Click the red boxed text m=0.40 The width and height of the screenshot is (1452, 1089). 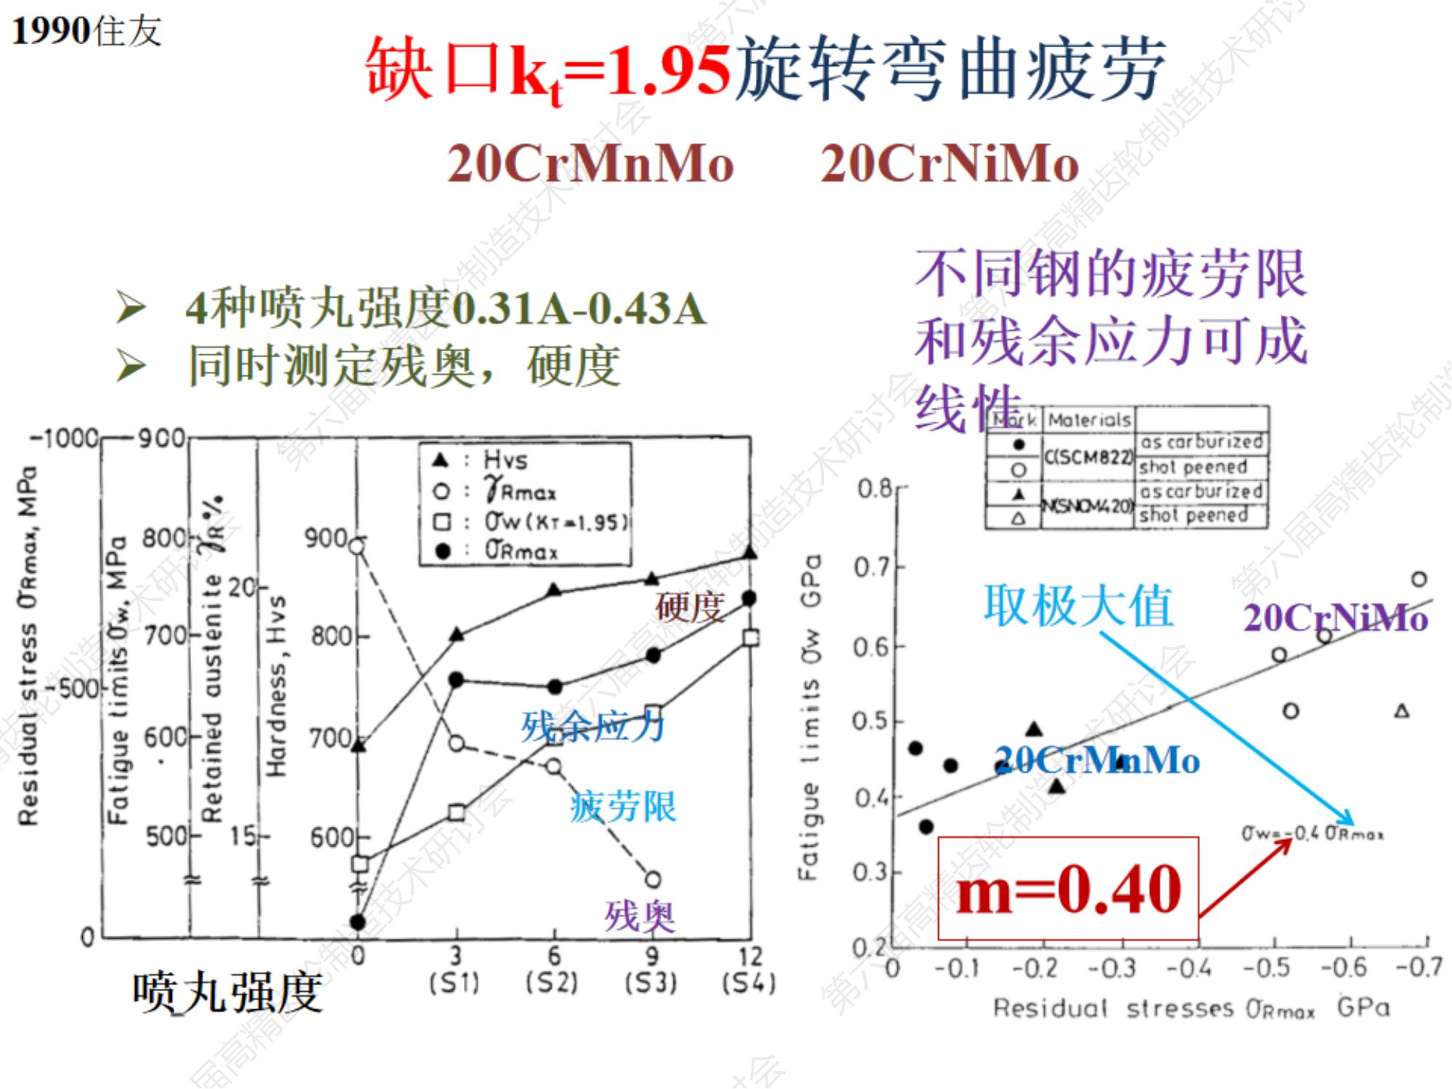click(1068, 889)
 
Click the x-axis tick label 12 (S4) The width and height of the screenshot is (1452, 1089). click(750, 969)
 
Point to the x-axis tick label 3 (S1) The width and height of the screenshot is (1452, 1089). click(455, 969)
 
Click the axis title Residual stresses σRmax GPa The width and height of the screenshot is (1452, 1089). click(1191, 1008)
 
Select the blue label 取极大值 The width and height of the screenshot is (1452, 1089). click(1078, 606)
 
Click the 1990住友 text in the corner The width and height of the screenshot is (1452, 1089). click(86, 31)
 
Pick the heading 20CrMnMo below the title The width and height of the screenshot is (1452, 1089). click(590, 163)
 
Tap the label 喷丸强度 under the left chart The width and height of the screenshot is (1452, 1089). click(227, 993)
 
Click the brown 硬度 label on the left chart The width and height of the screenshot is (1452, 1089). click(690, 607)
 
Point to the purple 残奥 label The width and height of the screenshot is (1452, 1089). click(640, 915)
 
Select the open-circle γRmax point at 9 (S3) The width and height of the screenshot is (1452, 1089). click(653, 880)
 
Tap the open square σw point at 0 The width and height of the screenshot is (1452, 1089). click(360, 864)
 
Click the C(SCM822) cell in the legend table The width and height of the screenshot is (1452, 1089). click(1088, 457)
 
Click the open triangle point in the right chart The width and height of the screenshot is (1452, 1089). click(1402, 711)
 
